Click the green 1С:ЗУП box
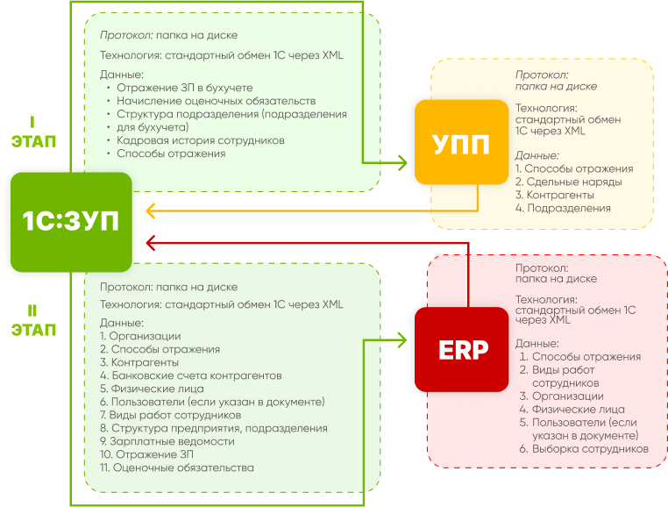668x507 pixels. [x=70, y=221]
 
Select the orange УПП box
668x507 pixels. [x=462, y=142]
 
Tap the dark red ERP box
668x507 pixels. [x=463, y=350]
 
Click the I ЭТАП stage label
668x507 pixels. [x=33, y=131]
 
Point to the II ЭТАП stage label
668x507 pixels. [x=33, y=321]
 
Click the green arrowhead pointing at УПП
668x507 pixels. [x=402, y=162]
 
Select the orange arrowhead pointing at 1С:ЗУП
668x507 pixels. [x=151, y=211]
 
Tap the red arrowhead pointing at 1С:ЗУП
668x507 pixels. [x=151, y=241]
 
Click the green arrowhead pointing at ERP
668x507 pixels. [x=402, y=339]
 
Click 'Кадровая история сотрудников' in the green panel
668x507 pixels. [x=201, y=140]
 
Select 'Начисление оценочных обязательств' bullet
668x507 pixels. [x=210, y=102]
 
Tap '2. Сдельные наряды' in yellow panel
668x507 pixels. [x=568, y=182]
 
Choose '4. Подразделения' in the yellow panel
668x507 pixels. [x=563, y=208]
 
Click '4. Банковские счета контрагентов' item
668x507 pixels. [x=190, y=375]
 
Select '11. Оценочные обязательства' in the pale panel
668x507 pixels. [x=176, y=468]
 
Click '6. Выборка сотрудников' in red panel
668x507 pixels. [x=583, y=448]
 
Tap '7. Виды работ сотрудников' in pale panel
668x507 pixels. [x=170, y=415]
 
